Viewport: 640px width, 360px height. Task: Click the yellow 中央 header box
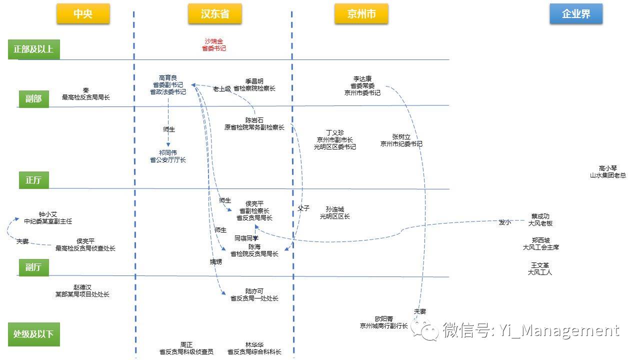point(83,13)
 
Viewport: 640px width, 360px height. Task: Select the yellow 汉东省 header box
point(215,13)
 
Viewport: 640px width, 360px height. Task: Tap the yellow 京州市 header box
point(361,13)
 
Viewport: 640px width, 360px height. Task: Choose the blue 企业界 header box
point(576,13)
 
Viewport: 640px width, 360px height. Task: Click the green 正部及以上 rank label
point(33,49)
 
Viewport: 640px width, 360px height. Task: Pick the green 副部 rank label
point(33,99)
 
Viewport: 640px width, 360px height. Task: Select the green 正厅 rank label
point(33,180)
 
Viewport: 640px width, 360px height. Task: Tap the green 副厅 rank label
point(33,267)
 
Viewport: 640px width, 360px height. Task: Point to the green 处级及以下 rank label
point(33,334)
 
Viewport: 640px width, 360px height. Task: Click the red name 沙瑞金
point(213,41)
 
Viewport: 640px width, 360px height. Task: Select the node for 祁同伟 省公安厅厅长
point(168,156)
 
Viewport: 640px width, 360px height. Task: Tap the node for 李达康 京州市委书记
point(362,85)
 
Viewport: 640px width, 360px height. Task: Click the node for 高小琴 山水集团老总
point(607,171)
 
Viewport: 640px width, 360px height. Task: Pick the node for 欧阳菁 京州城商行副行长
point(383,322)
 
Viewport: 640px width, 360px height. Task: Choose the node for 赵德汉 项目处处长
point(82,291)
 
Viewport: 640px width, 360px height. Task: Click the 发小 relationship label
point(504,222)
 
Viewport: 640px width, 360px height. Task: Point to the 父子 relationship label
point(303,208)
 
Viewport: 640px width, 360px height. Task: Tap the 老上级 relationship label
point(222,89)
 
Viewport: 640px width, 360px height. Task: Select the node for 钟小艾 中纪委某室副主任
point(48,217)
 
